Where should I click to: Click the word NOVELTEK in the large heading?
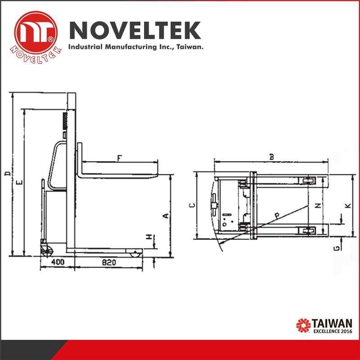(135, 30)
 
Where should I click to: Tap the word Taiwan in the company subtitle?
(189, 47)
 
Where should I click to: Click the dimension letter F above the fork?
(119, 158)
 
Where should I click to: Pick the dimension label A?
(166, 216)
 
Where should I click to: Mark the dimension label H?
(149, 237)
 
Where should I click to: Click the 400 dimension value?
(58, 262)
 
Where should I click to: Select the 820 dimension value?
(109, 262)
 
